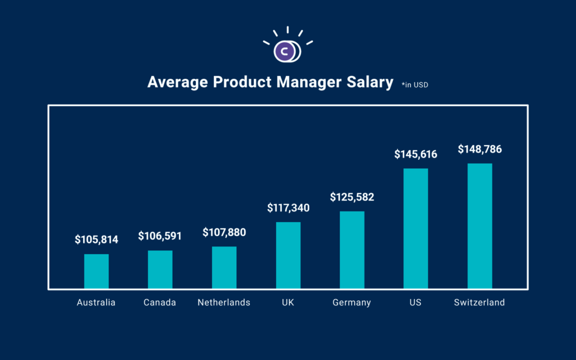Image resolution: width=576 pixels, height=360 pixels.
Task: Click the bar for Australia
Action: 96,271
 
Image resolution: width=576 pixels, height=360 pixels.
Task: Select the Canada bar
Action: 160,269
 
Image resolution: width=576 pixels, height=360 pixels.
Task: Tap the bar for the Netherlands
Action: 224,267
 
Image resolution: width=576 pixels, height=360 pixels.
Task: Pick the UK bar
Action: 288,255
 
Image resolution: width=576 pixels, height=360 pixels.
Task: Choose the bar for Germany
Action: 352,250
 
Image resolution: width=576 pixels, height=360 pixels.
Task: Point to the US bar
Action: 416,228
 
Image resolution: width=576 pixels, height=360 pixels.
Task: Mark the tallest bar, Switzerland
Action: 480,226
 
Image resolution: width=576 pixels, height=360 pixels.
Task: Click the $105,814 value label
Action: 96,240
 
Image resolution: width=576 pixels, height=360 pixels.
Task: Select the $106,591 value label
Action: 160,236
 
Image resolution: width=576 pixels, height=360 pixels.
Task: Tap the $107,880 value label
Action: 224,232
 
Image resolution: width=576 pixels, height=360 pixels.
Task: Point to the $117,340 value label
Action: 288,208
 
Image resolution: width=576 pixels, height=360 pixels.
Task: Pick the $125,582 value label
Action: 352,197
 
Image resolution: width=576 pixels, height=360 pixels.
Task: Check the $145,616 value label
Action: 416,154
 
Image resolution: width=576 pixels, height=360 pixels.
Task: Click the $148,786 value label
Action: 480,150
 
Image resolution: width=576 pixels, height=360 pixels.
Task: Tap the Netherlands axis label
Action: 224,303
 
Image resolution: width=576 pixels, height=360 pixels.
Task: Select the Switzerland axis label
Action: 480,303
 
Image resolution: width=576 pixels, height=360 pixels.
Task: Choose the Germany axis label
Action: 352,303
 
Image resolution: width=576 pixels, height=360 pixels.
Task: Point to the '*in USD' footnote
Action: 419,85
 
